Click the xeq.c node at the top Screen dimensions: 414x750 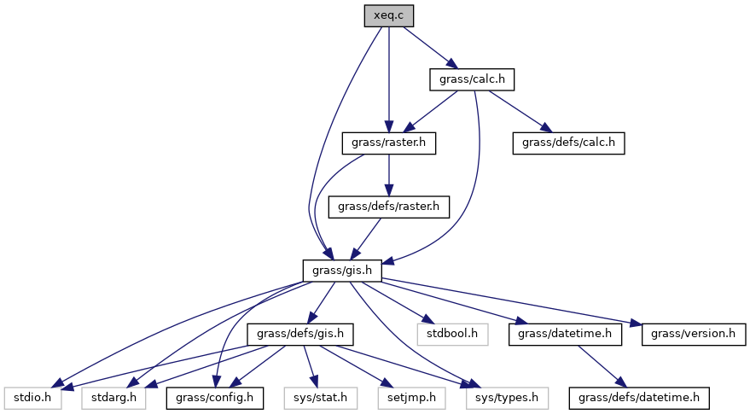tap(389, 15)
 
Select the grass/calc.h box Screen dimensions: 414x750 tap(473, 79)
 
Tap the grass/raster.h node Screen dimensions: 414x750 tap(388, 143)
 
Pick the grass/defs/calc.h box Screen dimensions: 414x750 tap(568, 143)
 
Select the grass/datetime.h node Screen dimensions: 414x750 tap(565, 334)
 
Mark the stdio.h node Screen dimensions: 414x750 tap(32, 397)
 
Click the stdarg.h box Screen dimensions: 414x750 tap(112, 397)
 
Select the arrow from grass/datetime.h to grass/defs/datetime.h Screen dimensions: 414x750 tap(602, 364)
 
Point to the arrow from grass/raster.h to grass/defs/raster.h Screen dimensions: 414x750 tap(389, 174)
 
